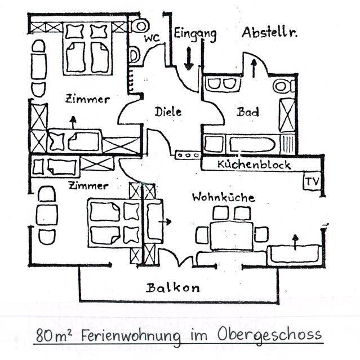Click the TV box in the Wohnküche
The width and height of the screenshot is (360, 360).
[311, 183]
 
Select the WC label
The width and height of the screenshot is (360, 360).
[152, 38]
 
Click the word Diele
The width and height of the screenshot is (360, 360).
[168, 112]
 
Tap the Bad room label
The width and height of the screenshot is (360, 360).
[248, 112]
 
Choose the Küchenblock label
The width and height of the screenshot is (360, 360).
[255, 165]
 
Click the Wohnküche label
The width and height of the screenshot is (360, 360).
[223, 197]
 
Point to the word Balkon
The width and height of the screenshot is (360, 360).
[173, 288]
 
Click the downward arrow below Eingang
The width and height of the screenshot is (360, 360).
[189, 58]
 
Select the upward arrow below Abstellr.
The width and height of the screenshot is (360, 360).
[253, 68]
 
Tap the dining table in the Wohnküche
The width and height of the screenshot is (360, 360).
[232, 235]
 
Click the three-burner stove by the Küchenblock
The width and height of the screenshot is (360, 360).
[187, 154]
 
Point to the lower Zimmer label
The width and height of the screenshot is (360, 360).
[87, 185]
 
